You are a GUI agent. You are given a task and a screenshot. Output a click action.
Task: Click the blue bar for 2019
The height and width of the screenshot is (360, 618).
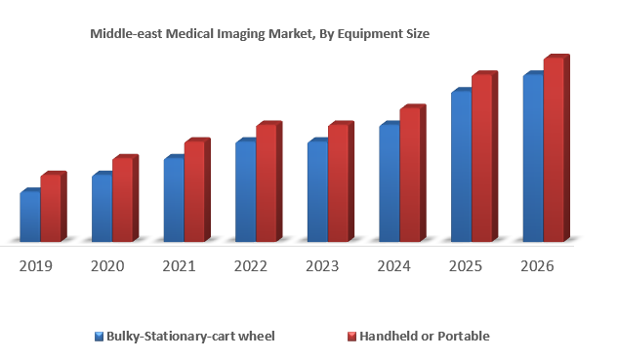pyautogui.click(x=30, y=217)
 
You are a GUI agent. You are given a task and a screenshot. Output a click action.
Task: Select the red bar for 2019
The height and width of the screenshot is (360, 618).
pyautogui.click(x=51, y=208)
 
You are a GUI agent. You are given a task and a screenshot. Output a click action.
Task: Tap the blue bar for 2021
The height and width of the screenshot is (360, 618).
pyautogui.click(x=174, y=199)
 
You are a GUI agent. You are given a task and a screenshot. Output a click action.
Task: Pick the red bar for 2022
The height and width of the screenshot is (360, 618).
pyautogui.click(x=266, y=182)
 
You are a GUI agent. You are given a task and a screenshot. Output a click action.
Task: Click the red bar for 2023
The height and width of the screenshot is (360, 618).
pyautogui.click(x=338, y=182)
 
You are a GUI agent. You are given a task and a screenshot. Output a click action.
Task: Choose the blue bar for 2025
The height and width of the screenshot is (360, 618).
pyautogui.click(x=461, y=166)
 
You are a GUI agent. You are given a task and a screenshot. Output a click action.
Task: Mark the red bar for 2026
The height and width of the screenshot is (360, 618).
pyautogui.click(x=554, y=149)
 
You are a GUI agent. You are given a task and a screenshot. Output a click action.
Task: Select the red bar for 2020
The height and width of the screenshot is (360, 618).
pyautogui.click(x=122, y=199)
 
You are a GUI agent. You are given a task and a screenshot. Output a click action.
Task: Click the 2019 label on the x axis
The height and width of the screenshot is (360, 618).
pyautogui.click(x=36, y=265)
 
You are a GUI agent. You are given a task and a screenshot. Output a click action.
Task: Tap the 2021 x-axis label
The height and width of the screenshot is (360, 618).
pyautogui.click(x=180, y=265)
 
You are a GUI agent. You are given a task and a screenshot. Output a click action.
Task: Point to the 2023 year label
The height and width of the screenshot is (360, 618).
pyautogui.click(x=322, y=265)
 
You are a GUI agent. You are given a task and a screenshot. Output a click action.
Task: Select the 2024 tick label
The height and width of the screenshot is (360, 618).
pyautogui.click(x=394, y=265)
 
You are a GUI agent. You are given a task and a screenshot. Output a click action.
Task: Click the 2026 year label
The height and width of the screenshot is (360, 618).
pyautogui.click(x=538, y=265)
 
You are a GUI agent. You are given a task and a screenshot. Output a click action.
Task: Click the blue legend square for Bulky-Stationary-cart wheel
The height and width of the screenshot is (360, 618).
pyautogui.click(x=100, y=337)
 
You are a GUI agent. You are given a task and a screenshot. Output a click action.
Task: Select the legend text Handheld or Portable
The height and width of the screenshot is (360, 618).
pyautogui.click(x=425, y=337)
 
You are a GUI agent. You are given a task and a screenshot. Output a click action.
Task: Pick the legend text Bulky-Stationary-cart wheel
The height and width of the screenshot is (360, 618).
pyautogui.click(x=190, y=337)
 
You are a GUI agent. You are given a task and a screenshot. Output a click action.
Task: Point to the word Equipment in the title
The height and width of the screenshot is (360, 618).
pyautogui.click(x=369, y=33)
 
